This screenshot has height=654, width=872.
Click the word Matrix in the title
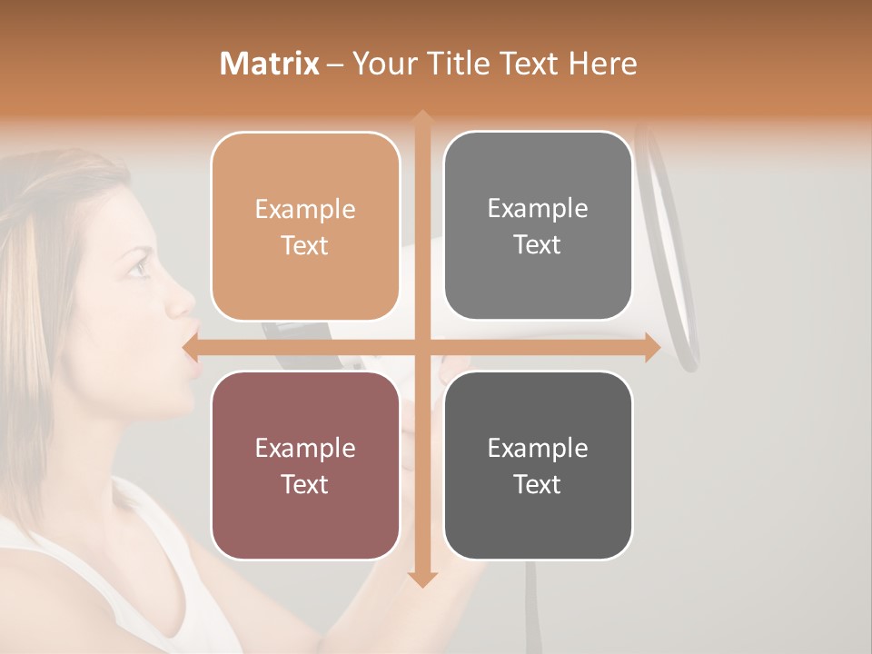coord(270,64)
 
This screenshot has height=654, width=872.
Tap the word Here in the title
coord(602,64)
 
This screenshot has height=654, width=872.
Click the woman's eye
coord(137,266)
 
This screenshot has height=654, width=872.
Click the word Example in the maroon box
coord(305,448)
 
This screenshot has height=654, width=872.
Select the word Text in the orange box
coord(305,245)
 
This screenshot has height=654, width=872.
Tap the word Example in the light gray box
coord(538,208)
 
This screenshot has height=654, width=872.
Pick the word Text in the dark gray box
coord(538,484)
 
